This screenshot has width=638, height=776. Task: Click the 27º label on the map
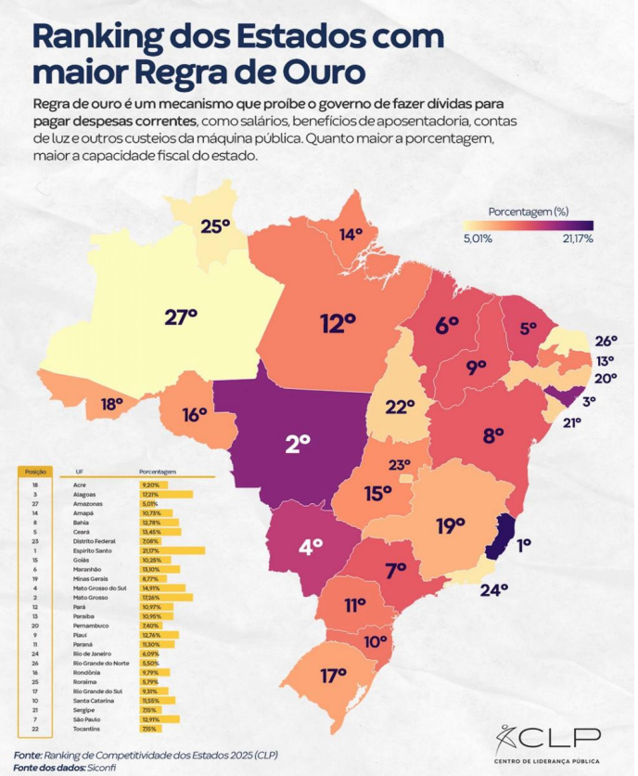click(x=181, y=317)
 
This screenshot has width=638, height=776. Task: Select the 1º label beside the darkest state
click(x=524, y=546)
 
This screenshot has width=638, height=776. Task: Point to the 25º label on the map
click(x=215, y=226)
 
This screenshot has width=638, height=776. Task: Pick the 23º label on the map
click(x=399, y=465)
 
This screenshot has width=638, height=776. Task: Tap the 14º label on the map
click(x=351, y=235)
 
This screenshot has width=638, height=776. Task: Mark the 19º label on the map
click(x=450, y=526)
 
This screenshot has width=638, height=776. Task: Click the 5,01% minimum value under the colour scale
click(x=476, y=239)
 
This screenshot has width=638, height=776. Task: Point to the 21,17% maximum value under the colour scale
click(x=576, y=239)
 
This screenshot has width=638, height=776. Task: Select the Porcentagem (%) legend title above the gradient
click(x=528, y=211)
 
